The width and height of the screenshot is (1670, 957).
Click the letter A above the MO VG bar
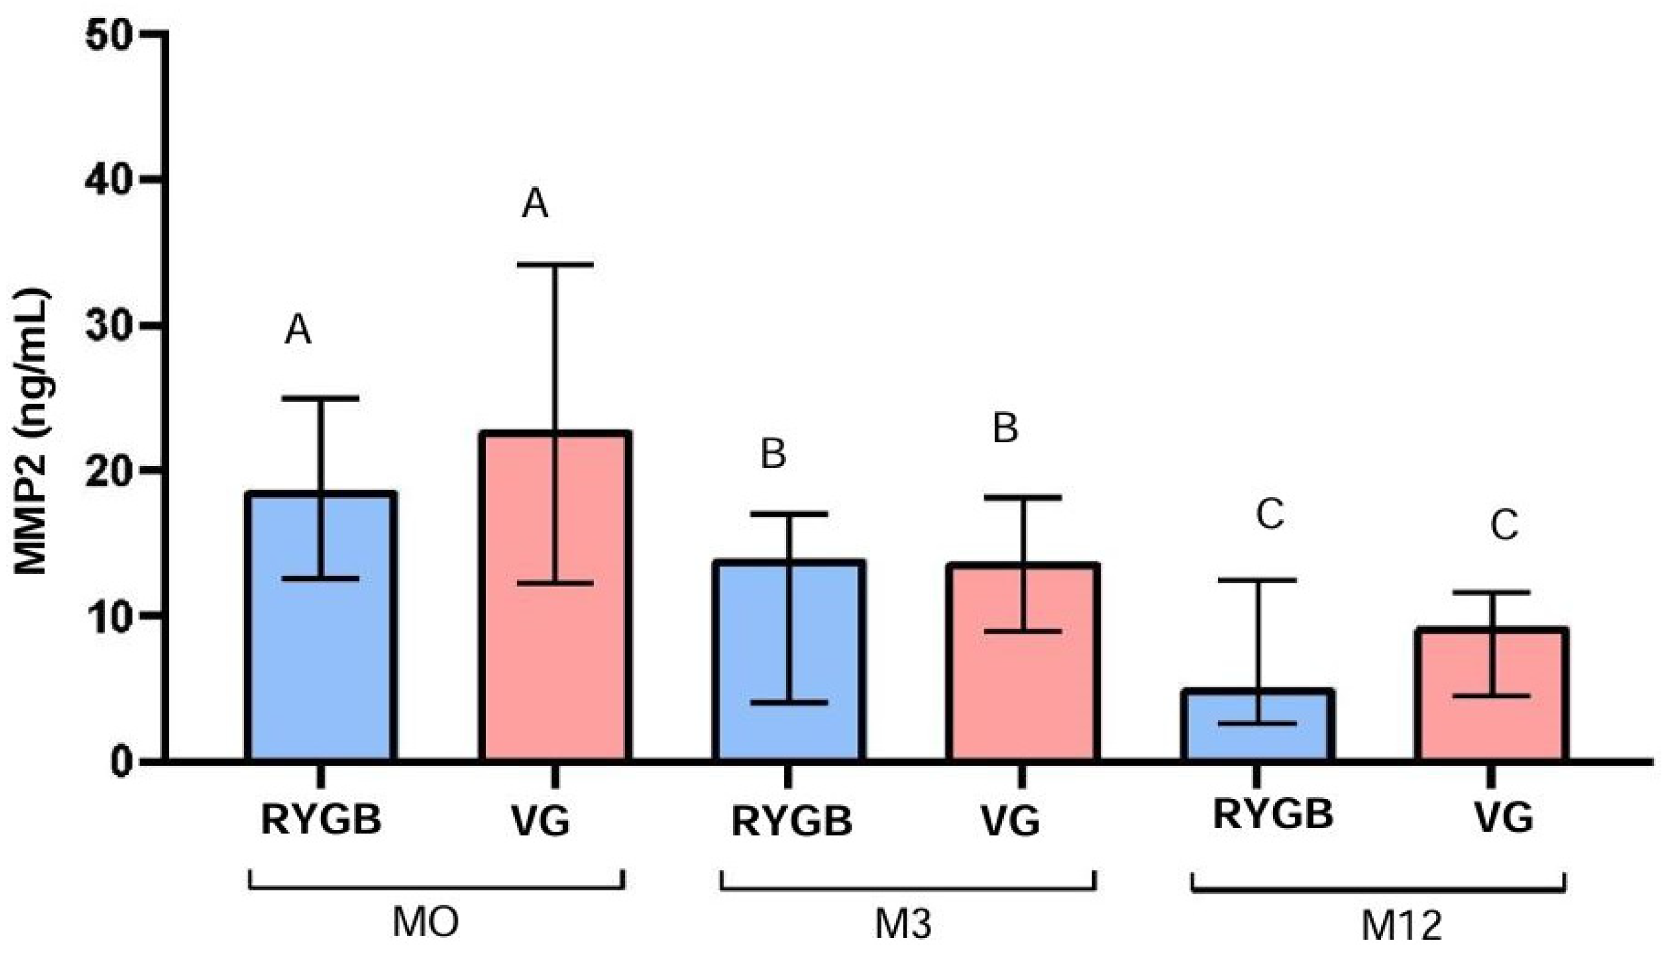[x=535, y=204]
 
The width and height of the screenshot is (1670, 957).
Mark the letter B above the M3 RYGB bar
[x=773, y=455]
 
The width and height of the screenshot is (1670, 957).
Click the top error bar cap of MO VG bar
[x=556, y=264]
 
